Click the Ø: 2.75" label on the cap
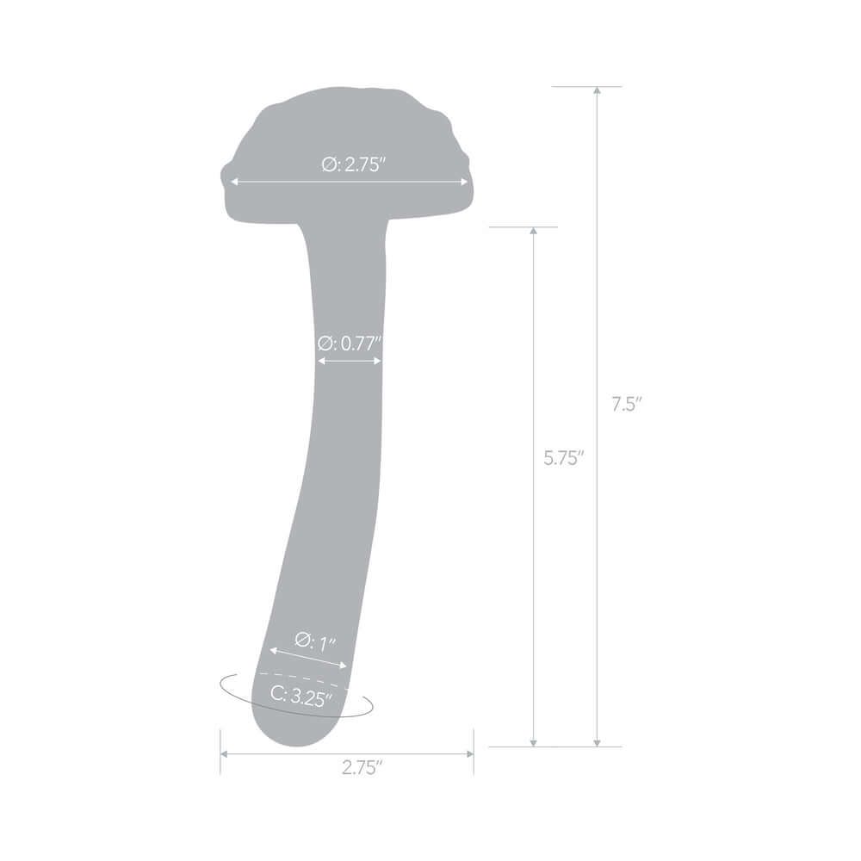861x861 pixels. tap(353, 165)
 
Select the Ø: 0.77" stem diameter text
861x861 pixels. tap(349, 343)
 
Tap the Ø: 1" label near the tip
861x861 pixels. tap(315, 641)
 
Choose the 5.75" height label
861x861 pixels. tap(564, 458)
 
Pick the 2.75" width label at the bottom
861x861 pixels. tap(362, 769)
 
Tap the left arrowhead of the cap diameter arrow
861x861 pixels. tap(233, 182)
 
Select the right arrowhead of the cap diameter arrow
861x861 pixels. tap(465, 182)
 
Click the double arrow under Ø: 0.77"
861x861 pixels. tap(350, 361)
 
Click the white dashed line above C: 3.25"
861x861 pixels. tap(301, 678)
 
